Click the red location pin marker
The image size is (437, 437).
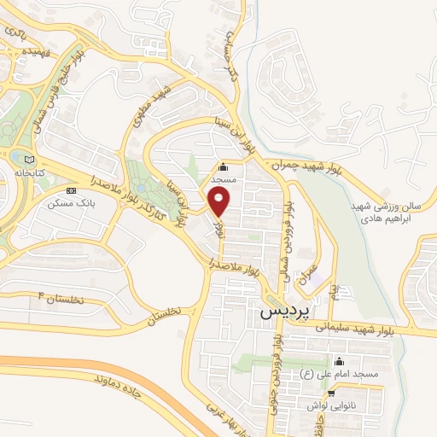[220, 201]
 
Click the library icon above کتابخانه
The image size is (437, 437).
[32, 159]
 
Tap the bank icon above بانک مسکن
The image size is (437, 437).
[71, 190]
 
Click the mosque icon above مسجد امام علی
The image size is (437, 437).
[339, 361]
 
